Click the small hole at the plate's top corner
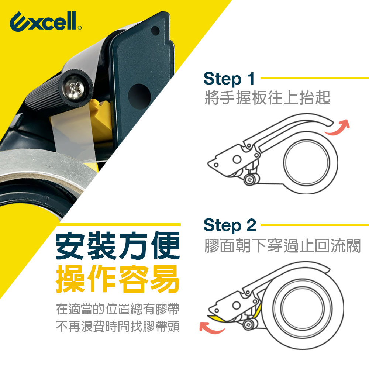(155, 31)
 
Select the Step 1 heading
(229, 79)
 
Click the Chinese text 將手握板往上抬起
(267, 97)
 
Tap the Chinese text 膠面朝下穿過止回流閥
(282, 246)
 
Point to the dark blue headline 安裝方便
(118, 246)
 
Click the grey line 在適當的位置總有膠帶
(118, 309)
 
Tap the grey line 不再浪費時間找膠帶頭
(118, 327)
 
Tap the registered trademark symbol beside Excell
(80, 28)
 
